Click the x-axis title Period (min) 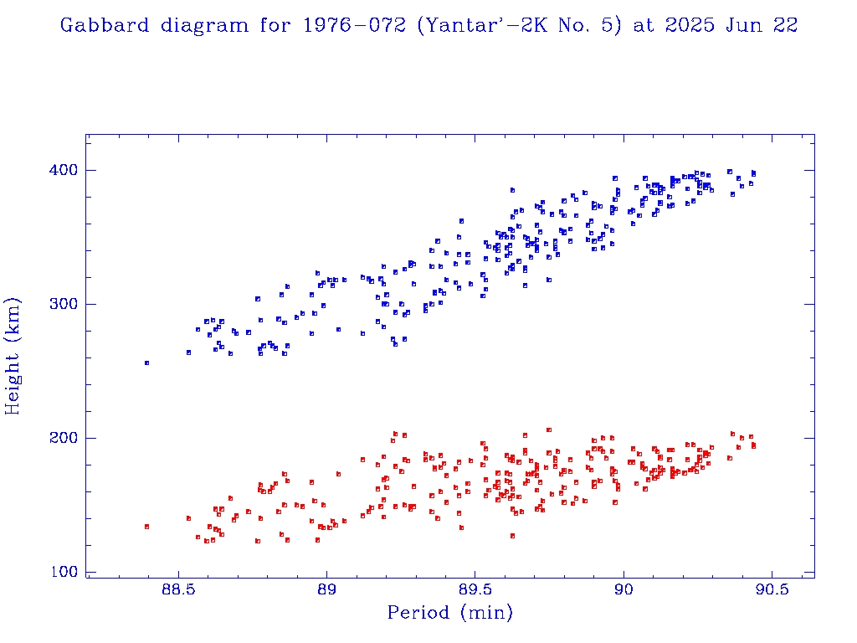click(x=450, y=614)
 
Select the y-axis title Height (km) click(x=13, y=355)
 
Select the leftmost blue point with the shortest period click(x=146, y=363)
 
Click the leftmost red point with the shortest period click(x=146, y=527)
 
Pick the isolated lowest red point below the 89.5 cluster click(x=512, y=536)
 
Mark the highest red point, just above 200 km click(x=549, y=430)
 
